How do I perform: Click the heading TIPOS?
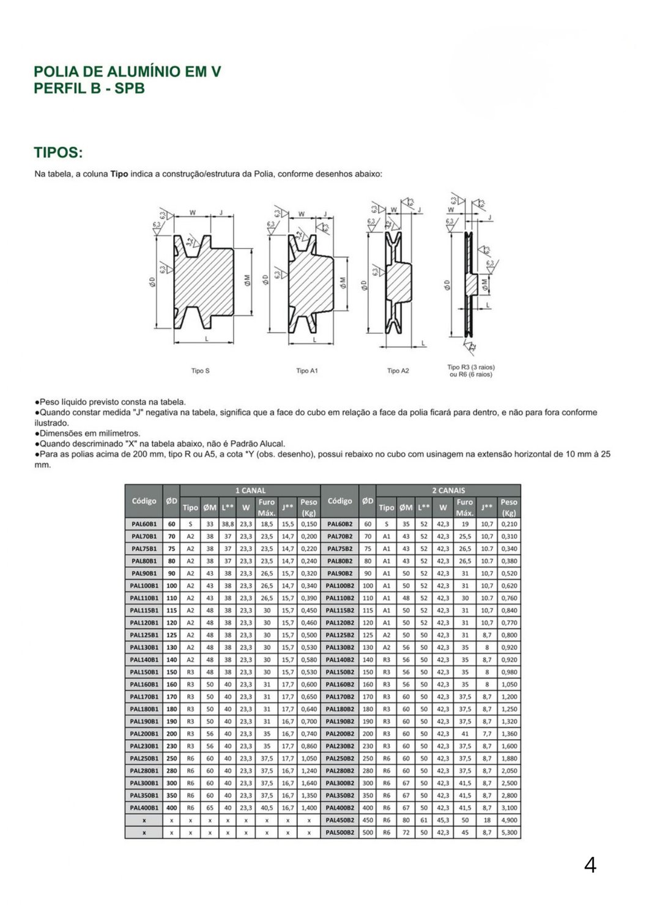[x=58, y=152]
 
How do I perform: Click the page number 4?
[x=590, y=864]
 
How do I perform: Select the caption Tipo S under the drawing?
[x=200, y=371]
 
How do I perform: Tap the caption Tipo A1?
[x=307, y=371]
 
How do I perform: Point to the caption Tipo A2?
[x=398, y=371]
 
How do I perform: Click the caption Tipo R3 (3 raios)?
[x=471, y=367]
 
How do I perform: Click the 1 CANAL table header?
[x=250, y=490]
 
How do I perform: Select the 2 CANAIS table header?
[x=448, y=490]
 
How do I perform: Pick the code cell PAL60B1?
[x=144, y=524]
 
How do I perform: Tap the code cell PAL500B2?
[x=340, y=832]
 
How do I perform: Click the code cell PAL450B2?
[x=340, y=820]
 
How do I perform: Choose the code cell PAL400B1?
[x=144, y=808]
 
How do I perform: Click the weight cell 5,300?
[x=508, y=832]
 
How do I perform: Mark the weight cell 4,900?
[x=508, y=820]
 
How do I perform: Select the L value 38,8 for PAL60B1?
[x=228, y=524]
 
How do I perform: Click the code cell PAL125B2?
[x=340, y=635]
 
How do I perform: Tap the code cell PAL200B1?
[x=144, y=734]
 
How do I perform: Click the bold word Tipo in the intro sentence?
[x=119, y=174]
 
